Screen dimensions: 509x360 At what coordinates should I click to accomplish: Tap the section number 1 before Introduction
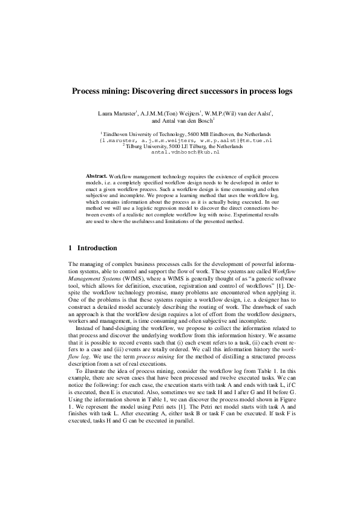[x=71, y=248]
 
